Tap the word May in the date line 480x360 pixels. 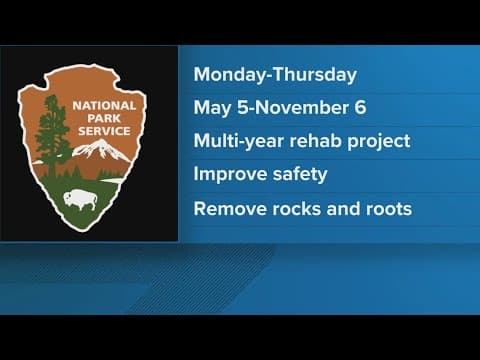[x=209, y=107]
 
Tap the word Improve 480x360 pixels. [x=228, y=175]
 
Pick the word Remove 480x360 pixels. [x=227, y=209]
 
